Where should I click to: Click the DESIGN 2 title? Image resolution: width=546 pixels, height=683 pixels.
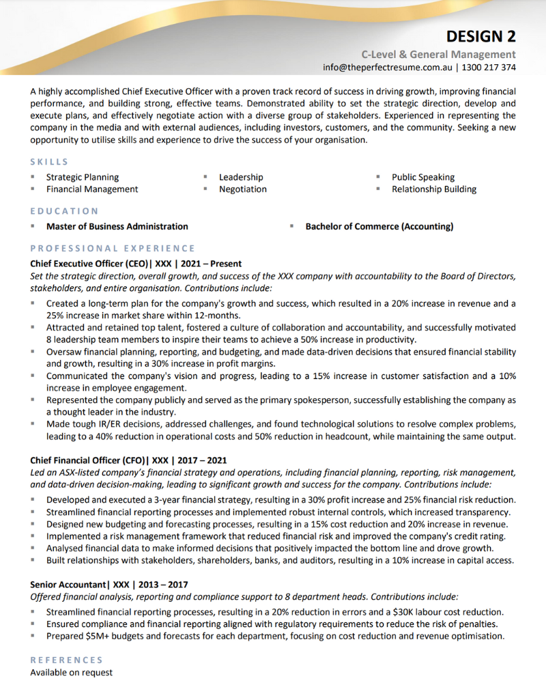point(481,36)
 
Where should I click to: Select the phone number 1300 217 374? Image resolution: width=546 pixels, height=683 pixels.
point(489,68)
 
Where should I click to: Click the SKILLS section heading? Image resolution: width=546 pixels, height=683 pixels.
point(49,162)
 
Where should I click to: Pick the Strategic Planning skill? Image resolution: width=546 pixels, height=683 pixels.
point(82,177)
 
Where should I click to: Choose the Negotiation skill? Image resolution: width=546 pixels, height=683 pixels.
point(242,189)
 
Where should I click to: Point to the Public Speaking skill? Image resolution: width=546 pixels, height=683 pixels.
point(422,177)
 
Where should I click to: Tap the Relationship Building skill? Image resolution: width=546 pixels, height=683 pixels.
point(433,189)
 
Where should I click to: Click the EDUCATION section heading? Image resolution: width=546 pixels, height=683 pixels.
point(64,211)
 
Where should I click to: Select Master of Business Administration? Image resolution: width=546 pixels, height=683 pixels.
point(117,226)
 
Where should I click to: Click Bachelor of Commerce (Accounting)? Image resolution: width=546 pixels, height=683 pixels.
point(379,226)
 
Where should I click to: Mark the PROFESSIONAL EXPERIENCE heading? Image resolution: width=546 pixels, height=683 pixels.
point(113,248)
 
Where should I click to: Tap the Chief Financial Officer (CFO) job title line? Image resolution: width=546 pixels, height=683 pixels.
point(128,461)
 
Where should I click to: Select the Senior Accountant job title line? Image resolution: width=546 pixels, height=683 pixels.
point(109,585)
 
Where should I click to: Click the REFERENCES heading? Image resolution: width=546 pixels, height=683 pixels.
point(66,660)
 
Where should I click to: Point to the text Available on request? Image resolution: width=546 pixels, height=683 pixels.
point(71,672)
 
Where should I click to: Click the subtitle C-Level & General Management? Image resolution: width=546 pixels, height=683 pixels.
point(438,54)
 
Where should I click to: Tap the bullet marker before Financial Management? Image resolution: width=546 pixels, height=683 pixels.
point(33,189)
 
